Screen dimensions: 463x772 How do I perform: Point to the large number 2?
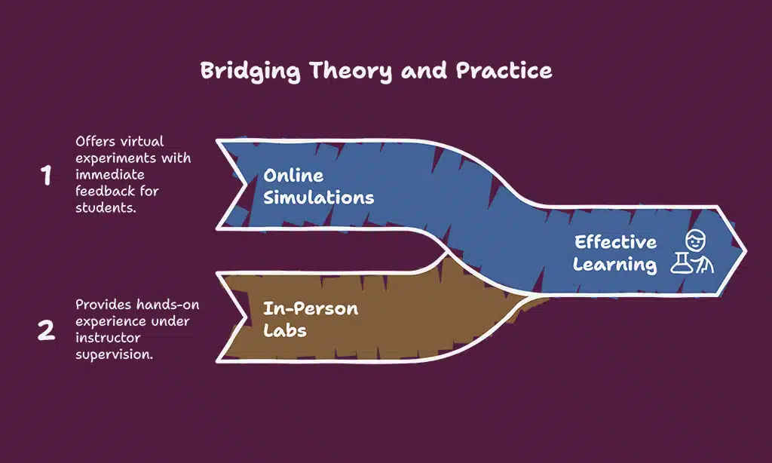tap(47, 330)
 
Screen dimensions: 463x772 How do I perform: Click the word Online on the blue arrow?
tap(293, 176)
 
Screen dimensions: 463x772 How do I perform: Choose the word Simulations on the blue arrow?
tap(318, 198)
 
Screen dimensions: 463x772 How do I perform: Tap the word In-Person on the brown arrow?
tap(310, 308)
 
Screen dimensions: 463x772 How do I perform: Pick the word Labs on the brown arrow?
tap(285, 330)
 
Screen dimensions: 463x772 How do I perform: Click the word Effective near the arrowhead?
tap(615, 243)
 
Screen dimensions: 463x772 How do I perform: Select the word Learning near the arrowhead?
tap(614, 265)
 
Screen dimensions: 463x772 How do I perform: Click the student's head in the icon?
tap(694, 241)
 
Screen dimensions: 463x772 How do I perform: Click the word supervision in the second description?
tap(114, 354)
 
